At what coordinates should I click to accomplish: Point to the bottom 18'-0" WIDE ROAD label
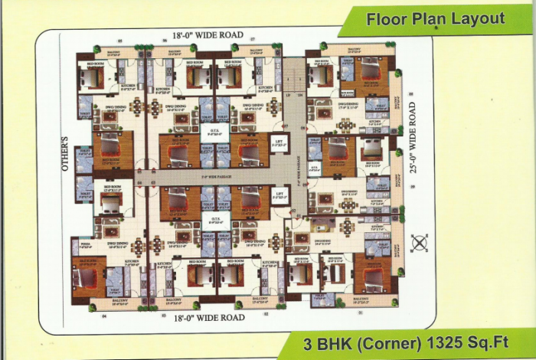pos(202,315)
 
